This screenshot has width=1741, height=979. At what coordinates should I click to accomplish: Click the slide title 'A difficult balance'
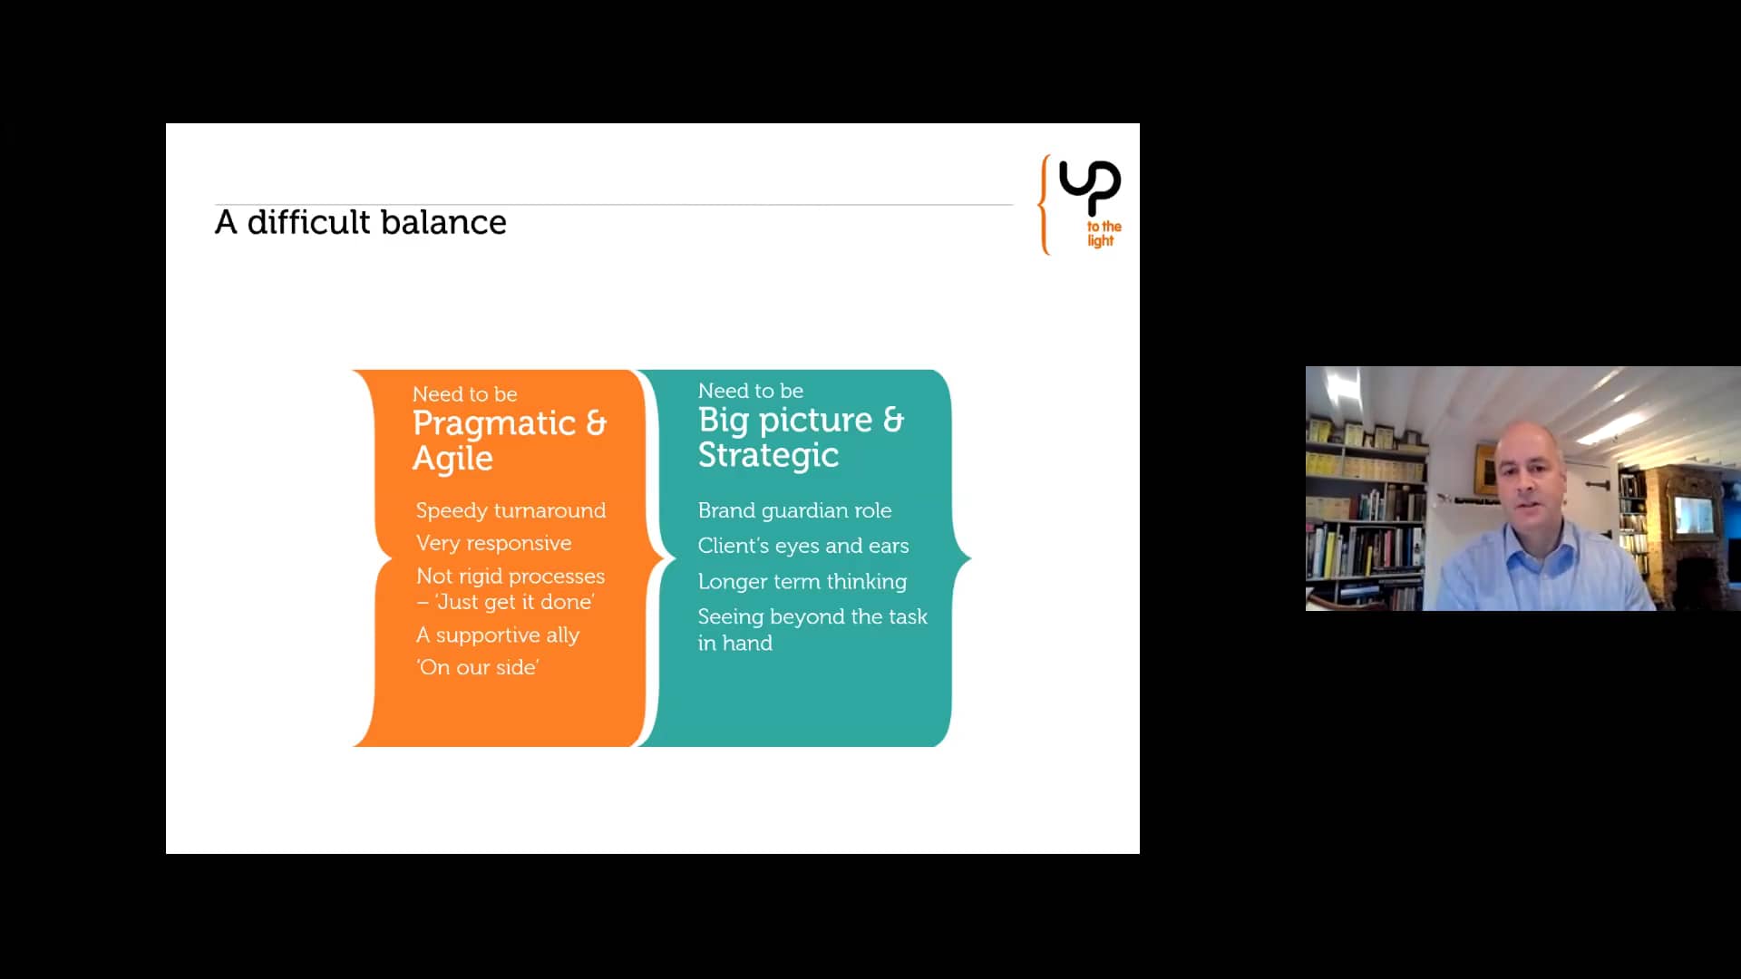pos(361,223)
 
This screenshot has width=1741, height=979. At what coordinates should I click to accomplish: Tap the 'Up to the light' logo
pos(1081,204)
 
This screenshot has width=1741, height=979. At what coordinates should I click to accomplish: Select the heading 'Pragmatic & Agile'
pos(510,441)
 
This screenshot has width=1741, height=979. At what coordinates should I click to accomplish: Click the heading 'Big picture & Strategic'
pos(801,437)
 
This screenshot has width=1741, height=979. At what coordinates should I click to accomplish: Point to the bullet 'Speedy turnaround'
pos(511,510)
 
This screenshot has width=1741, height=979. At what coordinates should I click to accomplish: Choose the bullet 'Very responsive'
pos(493,543)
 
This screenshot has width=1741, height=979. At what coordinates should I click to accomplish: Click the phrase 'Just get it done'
pos(515,602)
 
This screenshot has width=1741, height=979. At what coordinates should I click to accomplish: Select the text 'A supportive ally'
pos(497,635)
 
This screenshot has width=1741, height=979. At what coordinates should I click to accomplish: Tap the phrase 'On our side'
pos(478,667)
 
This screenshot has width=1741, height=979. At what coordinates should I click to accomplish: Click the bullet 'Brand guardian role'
pos(794,510)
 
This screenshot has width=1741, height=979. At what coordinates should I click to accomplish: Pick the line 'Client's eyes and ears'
pos(802,546)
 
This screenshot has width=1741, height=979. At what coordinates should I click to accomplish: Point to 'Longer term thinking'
pos(802,581)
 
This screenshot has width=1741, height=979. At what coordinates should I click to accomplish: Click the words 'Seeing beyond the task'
pos(812,616)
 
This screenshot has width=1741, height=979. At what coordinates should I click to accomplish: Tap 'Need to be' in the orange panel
pos(464,394)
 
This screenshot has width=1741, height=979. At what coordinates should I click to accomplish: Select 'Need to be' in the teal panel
pos(750,391)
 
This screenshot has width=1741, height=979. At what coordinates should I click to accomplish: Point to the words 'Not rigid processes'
pos(511,576)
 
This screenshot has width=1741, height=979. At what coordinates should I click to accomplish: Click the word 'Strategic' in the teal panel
pos(768,455)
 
